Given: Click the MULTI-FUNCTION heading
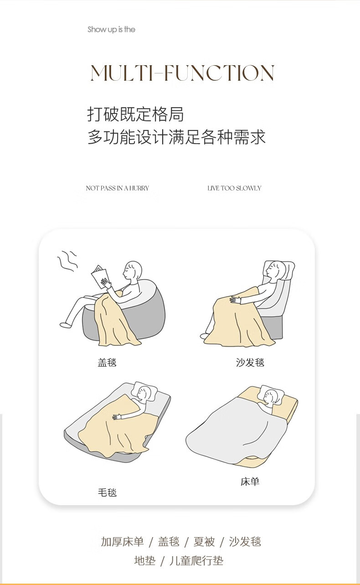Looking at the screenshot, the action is click(x=182, y=72).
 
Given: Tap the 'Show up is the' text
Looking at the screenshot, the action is click(x=111, y=29).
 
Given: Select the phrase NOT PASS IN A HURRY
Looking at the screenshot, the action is click(x=118, y=188).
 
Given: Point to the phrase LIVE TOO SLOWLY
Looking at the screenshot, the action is click(x=234, y=188).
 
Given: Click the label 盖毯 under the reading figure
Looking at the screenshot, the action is click(x=107, y=362).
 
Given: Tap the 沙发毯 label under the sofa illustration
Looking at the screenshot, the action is click(x=250, y=362).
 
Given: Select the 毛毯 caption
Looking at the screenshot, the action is click(x=107, y=492).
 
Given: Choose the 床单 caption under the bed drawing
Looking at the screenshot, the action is click(x=250, y=481).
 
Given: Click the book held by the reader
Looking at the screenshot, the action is click(x=99, y=276).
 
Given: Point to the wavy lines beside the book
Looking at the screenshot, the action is click(x=67, y=261).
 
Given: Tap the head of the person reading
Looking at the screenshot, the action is click(x=133, y=270).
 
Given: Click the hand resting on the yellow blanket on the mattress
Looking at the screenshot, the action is click(x=117, y=417).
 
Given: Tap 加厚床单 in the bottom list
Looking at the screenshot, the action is click(x=122, y=541).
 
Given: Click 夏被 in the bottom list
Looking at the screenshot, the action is click(x=204, y=541).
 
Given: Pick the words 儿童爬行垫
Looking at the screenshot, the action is click(x=196, y=560).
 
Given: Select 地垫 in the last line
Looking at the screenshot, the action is click(x=144, y=560).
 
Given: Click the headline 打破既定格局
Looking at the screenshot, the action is click(x=135, y=114).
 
